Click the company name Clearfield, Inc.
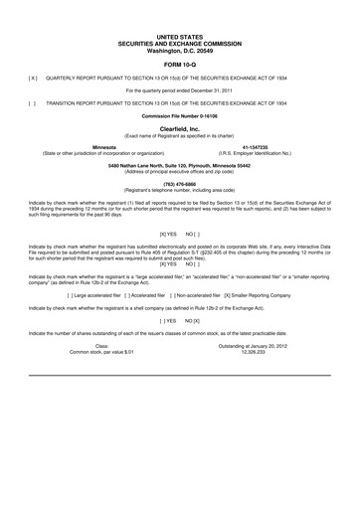[180, 128]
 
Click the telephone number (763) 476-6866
[180, 183]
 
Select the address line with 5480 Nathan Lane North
[180, 165]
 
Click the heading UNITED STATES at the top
[180, 8]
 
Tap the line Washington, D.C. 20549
[180, 22]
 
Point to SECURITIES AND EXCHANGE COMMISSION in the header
[180, 15]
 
